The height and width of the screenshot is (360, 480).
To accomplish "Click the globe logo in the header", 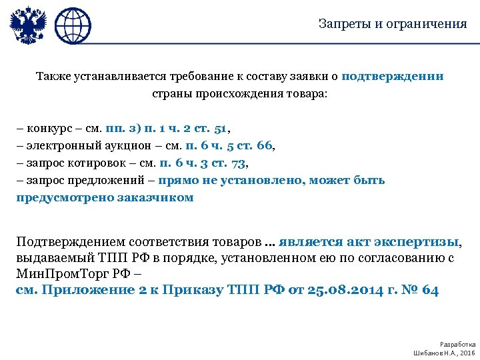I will (x=72, y=25).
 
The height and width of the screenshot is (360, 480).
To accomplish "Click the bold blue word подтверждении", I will (x=392, y=76).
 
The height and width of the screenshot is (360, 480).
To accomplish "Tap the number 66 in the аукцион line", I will (x=265, y=146).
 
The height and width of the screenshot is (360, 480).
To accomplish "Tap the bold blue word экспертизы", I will (x=419, y=241).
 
